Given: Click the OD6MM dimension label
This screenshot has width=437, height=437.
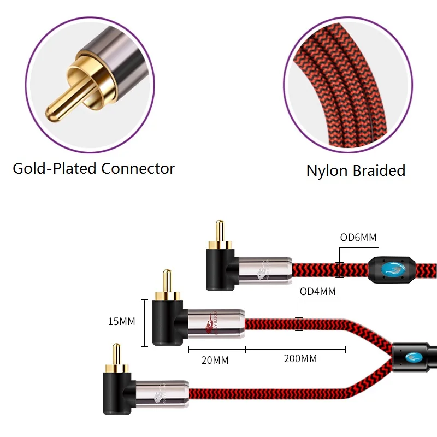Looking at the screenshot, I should pos(358,237).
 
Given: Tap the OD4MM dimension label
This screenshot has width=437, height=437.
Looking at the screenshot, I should pos(318,292).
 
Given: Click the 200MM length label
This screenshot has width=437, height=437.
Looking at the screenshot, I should pos(300,359).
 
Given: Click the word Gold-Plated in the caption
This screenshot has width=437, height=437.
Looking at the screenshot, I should pos(55,168).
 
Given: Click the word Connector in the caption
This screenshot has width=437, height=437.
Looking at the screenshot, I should pos(138,168).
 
